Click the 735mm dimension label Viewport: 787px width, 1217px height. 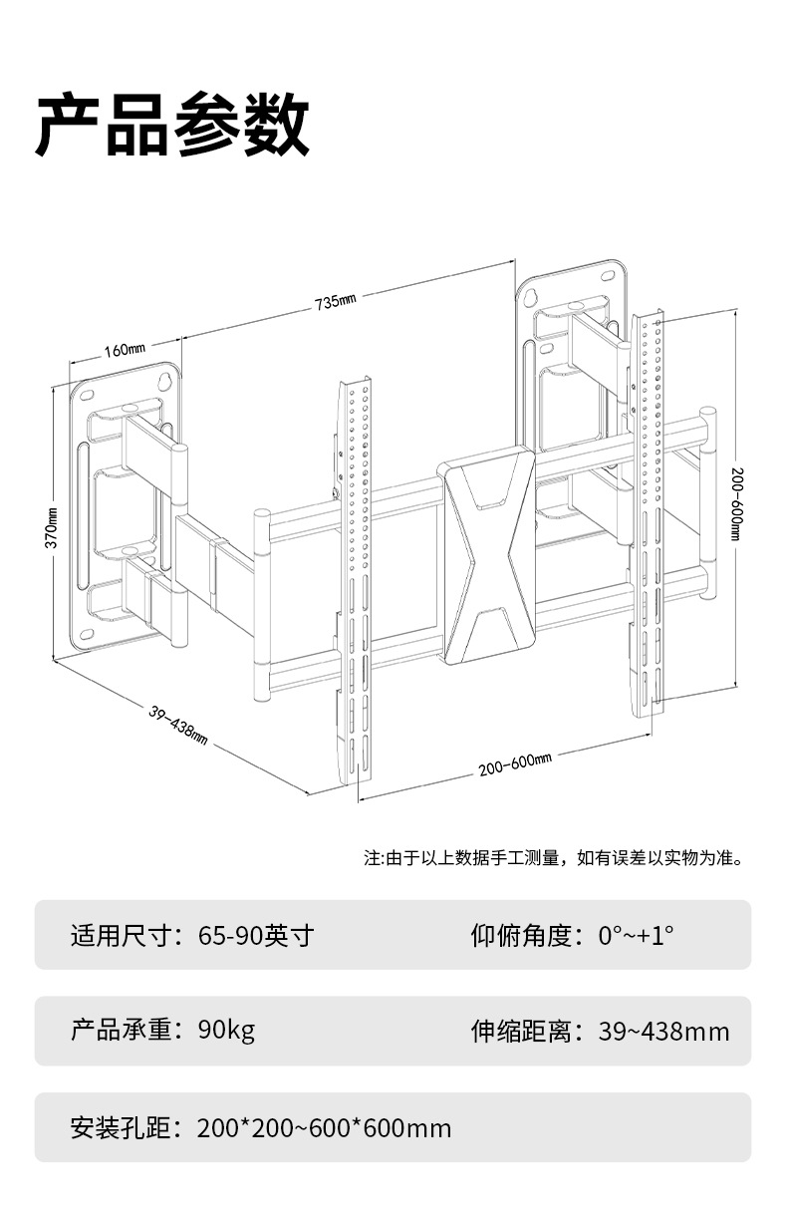tap(336, 302)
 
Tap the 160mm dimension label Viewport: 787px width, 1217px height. tap(125, 350)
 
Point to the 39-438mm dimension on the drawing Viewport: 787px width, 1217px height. tap(178, 726)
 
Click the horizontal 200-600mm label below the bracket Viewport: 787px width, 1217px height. tap(514, 765)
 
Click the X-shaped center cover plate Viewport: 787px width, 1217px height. tap(489, 564)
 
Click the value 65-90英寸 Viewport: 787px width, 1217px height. tap(256, 936)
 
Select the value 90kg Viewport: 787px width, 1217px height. tap(226, 1030)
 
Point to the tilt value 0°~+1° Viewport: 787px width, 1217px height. tap(636, 936)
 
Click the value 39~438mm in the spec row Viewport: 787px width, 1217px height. tap(663, 1032)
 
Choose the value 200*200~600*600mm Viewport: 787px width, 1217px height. tap(324, 1128)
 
